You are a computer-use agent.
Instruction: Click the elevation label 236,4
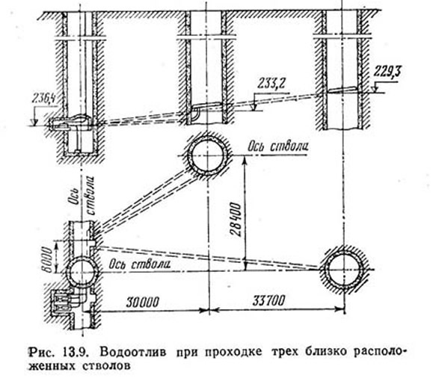(45, 99)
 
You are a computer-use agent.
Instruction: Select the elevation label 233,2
(271, 84)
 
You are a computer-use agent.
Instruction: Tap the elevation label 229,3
(387, 72)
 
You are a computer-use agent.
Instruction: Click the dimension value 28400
(236, 219)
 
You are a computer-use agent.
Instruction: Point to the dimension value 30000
(143, 302)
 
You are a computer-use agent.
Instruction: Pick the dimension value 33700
(268, 300)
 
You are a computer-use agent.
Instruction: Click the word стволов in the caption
(106, 366)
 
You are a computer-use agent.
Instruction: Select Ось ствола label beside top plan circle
(277, 146)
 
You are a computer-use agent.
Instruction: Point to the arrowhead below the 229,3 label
(375, 89)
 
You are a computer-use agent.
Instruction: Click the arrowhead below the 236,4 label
(34, 122)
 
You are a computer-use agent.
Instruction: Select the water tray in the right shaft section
(343, 90)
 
